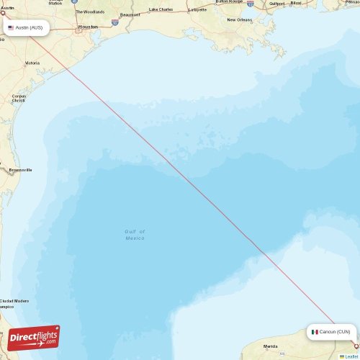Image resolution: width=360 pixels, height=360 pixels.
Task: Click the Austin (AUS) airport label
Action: pyautogui.click(x=29, y=27)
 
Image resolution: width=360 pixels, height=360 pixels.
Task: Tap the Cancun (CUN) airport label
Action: pyautogui.click(x=335, y=332)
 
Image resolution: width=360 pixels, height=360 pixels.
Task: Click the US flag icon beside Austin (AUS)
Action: pyautogui.click(x=11, y=27)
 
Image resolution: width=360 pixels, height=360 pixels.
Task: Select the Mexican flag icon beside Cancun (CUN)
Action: pyautogui.click(x=315, y=332)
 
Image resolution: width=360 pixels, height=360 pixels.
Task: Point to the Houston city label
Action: pyautogui.click(x=88, y=27)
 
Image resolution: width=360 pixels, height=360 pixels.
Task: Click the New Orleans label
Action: pyautogui.click(x=240, y=19)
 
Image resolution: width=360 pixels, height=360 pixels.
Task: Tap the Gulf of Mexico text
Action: pyautogui.click(x=135, y=235)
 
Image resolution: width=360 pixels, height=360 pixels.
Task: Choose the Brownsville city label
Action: pyautogui.click(x=20, y=170)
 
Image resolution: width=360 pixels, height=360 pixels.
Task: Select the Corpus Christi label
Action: pyautogui.click(x=19, y=98)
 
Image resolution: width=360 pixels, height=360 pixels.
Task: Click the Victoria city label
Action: pyautogui.click(x=32, y=63)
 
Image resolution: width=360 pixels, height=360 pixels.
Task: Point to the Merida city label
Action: pyautogui.click(x=270, y=346)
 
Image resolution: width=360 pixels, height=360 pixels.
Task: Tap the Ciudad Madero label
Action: pyautogui.click(x=14, y=301)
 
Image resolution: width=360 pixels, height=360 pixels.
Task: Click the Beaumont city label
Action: pyautogui.click(x=130, y=14)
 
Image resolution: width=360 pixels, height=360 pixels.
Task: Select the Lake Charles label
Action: pyautogui.click(x=161, y=9)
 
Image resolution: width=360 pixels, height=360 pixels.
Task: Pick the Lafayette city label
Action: pyautogui.click(x=197, y=9)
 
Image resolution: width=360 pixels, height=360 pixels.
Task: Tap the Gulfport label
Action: pyautogui.click(x=276, y=4)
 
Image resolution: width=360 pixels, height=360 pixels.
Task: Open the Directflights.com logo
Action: pyautogui.click(x=34, y=338)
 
